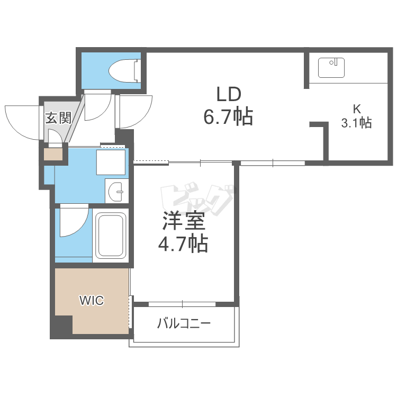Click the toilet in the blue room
click(124, 71)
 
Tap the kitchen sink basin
click(331, 68)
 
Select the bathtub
click(112, 236)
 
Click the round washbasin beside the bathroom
click(115, 192)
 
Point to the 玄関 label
click(58, 118)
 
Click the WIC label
click(92, 301)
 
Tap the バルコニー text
click(184, 323)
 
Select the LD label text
click(229, 94)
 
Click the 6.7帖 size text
click(228, 116)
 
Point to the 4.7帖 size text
click(183, 243)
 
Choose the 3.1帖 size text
click(356, 123)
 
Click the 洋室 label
click(183, 221)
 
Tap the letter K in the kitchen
click(357, 109)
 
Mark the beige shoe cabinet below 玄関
click(53, 154)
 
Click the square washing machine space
click(111, 163)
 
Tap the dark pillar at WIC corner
click(62, 326)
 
